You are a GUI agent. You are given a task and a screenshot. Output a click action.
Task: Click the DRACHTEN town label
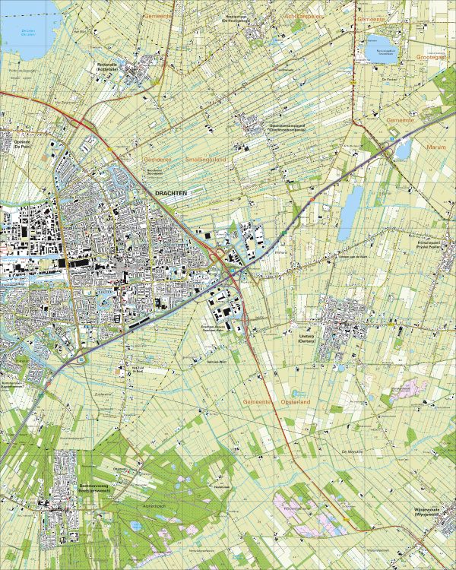[170, 194]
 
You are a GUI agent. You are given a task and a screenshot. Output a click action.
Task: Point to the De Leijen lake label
[28, 33]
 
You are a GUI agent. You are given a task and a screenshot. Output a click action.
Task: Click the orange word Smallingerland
[206, 160]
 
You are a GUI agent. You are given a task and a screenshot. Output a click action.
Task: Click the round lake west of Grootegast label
[380, 51]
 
